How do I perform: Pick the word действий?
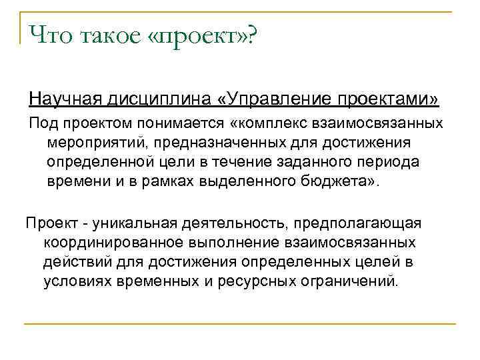click(x=73, y=261)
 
